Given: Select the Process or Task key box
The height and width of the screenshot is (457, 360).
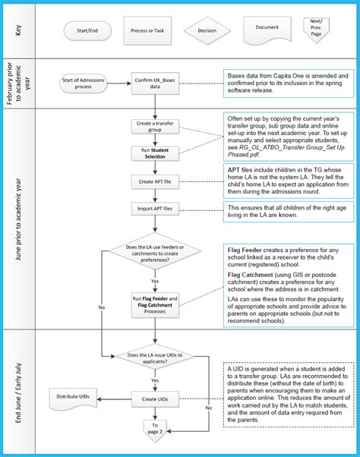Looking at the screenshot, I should pyautogui.click(x=148, y=32).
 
